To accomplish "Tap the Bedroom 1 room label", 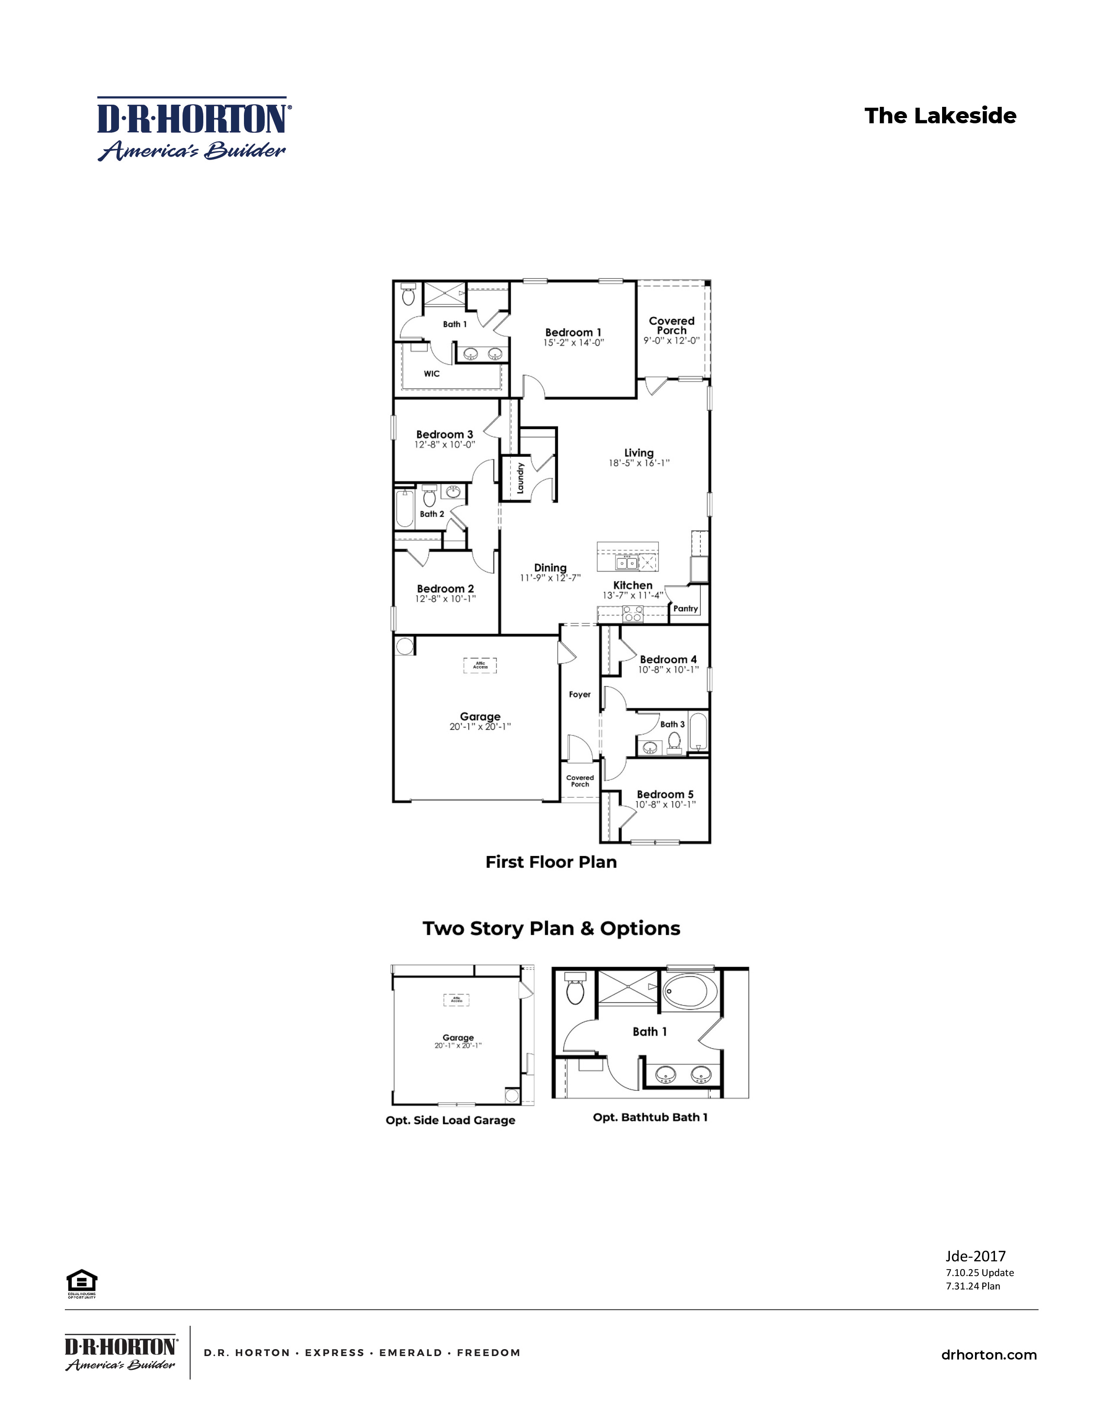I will [573, 333].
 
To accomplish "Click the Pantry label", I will [686, 608].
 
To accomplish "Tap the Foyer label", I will [580, 695].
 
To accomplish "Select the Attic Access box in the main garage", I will [480, 665].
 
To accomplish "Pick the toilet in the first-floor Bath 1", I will [408, 295].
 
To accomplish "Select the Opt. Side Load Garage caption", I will [450, 1120].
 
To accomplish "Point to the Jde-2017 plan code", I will [975, 1256].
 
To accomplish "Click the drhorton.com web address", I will [989, 1354].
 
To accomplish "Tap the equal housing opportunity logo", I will [82, 1283].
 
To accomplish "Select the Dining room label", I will [550, 568].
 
